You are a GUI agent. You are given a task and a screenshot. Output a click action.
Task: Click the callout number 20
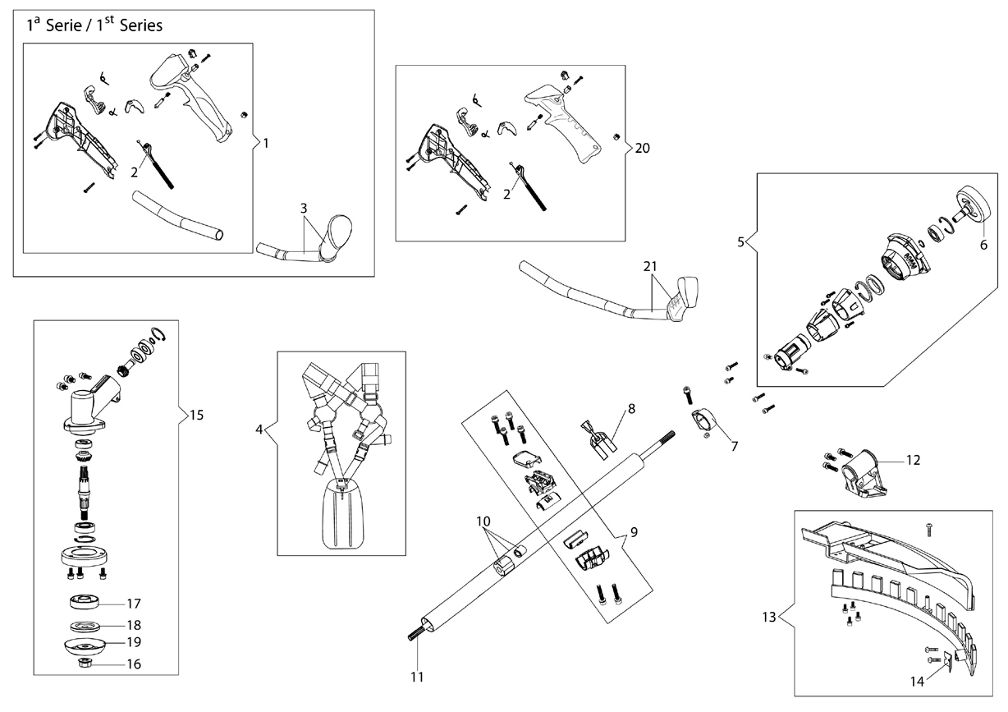pos(642,148)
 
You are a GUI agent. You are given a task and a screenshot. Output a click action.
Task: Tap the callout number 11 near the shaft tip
pos(417,677)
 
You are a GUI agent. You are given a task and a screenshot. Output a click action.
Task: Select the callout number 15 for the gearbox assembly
pos(197,415)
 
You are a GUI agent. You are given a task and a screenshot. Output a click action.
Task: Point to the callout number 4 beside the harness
pos(259,429)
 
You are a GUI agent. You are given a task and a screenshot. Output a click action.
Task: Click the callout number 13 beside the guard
pos(769,617)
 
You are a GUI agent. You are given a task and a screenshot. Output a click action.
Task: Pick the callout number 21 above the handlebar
pos(650,267)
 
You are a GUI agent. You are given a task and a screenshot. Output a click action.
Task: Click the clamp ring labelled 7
pos(703,422)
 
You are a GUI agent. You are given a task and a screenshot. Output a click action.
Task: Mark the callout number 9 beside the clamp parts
pos(634,532)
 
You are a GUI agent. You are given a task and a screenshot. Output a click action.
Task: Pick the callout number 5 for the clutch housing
pos(740,242)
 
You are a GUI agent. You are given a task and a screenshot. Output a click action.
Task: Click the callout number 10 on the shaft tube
pos(483,521)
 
